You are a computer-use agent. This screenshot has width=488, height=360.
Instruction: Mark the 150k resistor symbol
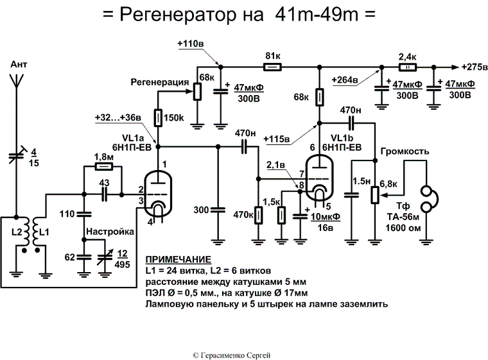click(157, 119)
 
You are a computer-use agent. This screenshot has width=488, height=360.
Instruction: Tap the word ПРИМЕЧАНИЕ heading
click(178, 259)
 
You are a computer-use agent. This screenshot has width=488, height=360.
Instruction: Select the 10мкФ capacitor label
click(326, 217)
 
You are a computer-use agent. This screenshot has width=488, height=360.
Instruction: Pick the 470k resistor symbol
click(258, 215)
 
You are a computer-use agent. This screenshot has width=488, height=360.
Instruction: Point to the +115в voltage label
click(277, 138)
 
